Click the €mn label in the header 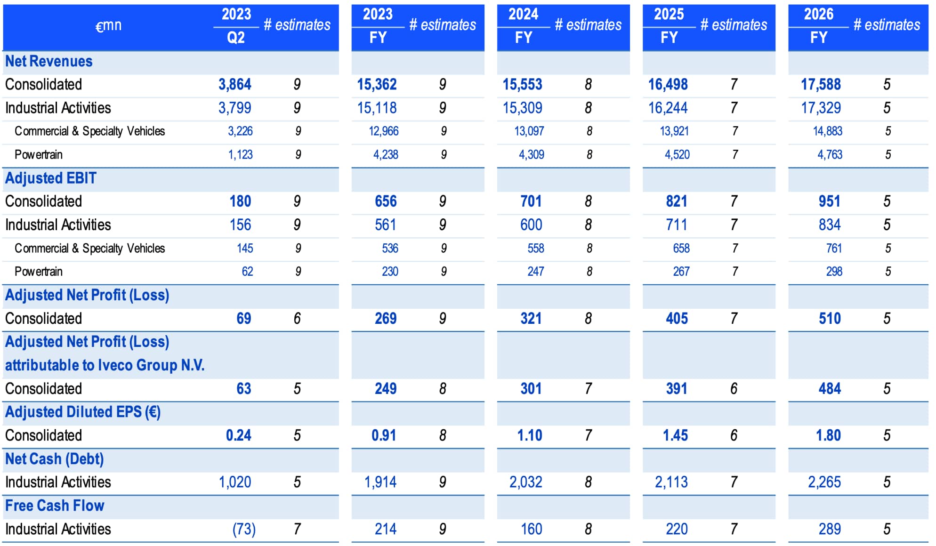pyautogui.click(x=108, y=25)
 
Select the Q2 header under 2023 pyautogui.click(x=236, y=38)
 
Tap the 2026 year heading pyautogui.click(x=818, y=14)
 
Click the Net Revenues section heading pyautogui.click(x=48, y=61)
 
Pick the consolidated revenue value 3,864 pyautogui.click(x=234, y=85)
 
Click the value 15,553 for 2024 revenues pyautogui.click(x=522, y=85)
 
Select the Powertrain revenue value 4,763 pyautogui.click(x=830, y=155)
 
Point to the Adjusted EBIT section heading pyautogui.click(x=51, y=178)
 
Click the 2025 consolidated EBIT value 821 pyautogui.click(x=676, y=201)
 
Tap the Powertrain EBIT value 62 pyautogui.click(x=247, y=272)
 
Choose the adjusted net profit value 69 pyautogui.click(x=243, y=319)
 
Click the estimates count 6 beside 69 pyautogui.click(x=297, y=319)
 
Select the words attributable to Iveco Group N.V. pyautogui.click(x=105, y=365)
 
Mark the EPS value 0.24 pyautogui.click(x=238, y=435)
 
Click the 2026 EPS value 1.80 pyautogui.click(x=828, y=435)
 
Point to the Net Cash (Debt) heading pyautogui.click(x=54, y=459)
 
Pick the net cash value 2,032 pyautogui.click(x=525, y=482)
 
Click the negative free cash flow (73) pyautogui.click(x=244, y=529)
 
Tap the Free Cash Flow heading pyautogui.click(x=55, y=506)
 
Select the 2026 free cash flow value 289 pyautogui.click(x=829, y=529)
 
